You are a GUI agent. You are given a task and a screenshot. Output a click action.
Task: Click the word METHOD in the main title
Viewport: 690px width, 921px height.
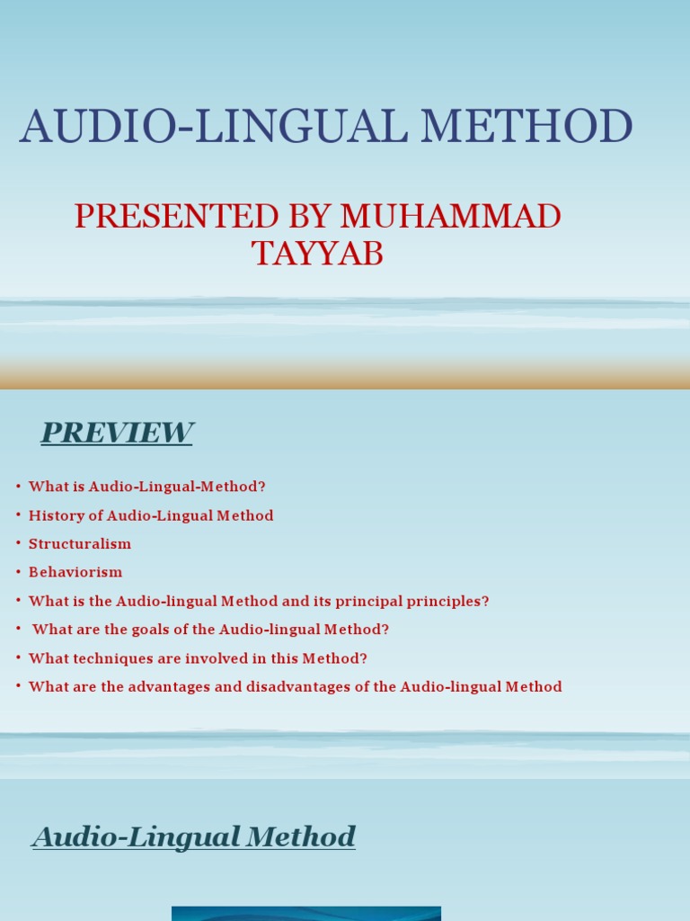point(526,127)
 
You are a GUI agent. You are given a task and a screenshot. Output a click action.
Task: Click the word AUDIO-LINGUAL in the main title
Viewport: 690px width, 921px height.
point(213,127)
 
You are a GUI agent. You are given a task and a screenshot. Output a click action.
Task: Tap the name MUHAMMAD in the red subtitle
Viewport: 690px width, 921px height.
point(450,217)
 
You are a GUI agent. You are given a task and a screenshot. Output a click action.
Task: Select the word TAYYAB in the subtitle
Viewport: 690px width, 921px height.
point(317,254)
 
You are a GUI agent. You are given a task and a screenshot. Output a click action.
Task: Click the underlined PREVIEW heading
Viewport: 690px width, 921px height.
point(117,433)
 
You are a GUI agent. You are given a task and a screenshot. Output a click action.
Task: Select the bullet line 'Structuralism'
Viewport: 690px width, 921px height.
point(80,544)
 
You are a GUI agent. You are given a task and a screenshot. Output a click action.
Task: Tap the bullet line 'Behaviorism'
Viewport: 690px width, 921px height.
point(75,572)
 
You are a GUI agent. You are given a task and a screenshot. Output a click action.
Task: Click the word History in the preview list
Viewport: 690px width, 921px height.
point(55,515)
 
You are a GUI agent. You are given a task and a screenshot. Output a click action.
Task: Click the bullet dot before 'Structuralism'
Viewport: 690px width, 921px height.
point(18,544)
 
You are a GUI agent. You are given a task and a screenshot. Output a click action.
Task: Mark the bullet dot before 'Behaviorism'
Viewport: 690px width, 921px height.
point(18,572)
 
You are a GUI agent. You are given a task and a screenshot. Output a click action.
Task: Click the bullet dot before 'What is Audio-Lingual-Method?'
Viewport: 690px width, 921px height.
point(18,487)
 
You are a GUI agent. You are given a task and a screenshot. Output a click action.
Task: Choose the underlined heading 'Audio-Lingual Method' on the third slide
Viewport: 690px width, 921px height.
point(194,836)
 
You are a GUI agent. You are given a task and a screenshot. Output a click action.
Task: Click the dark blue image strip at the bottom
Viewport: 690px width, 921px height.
point(305,913)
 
